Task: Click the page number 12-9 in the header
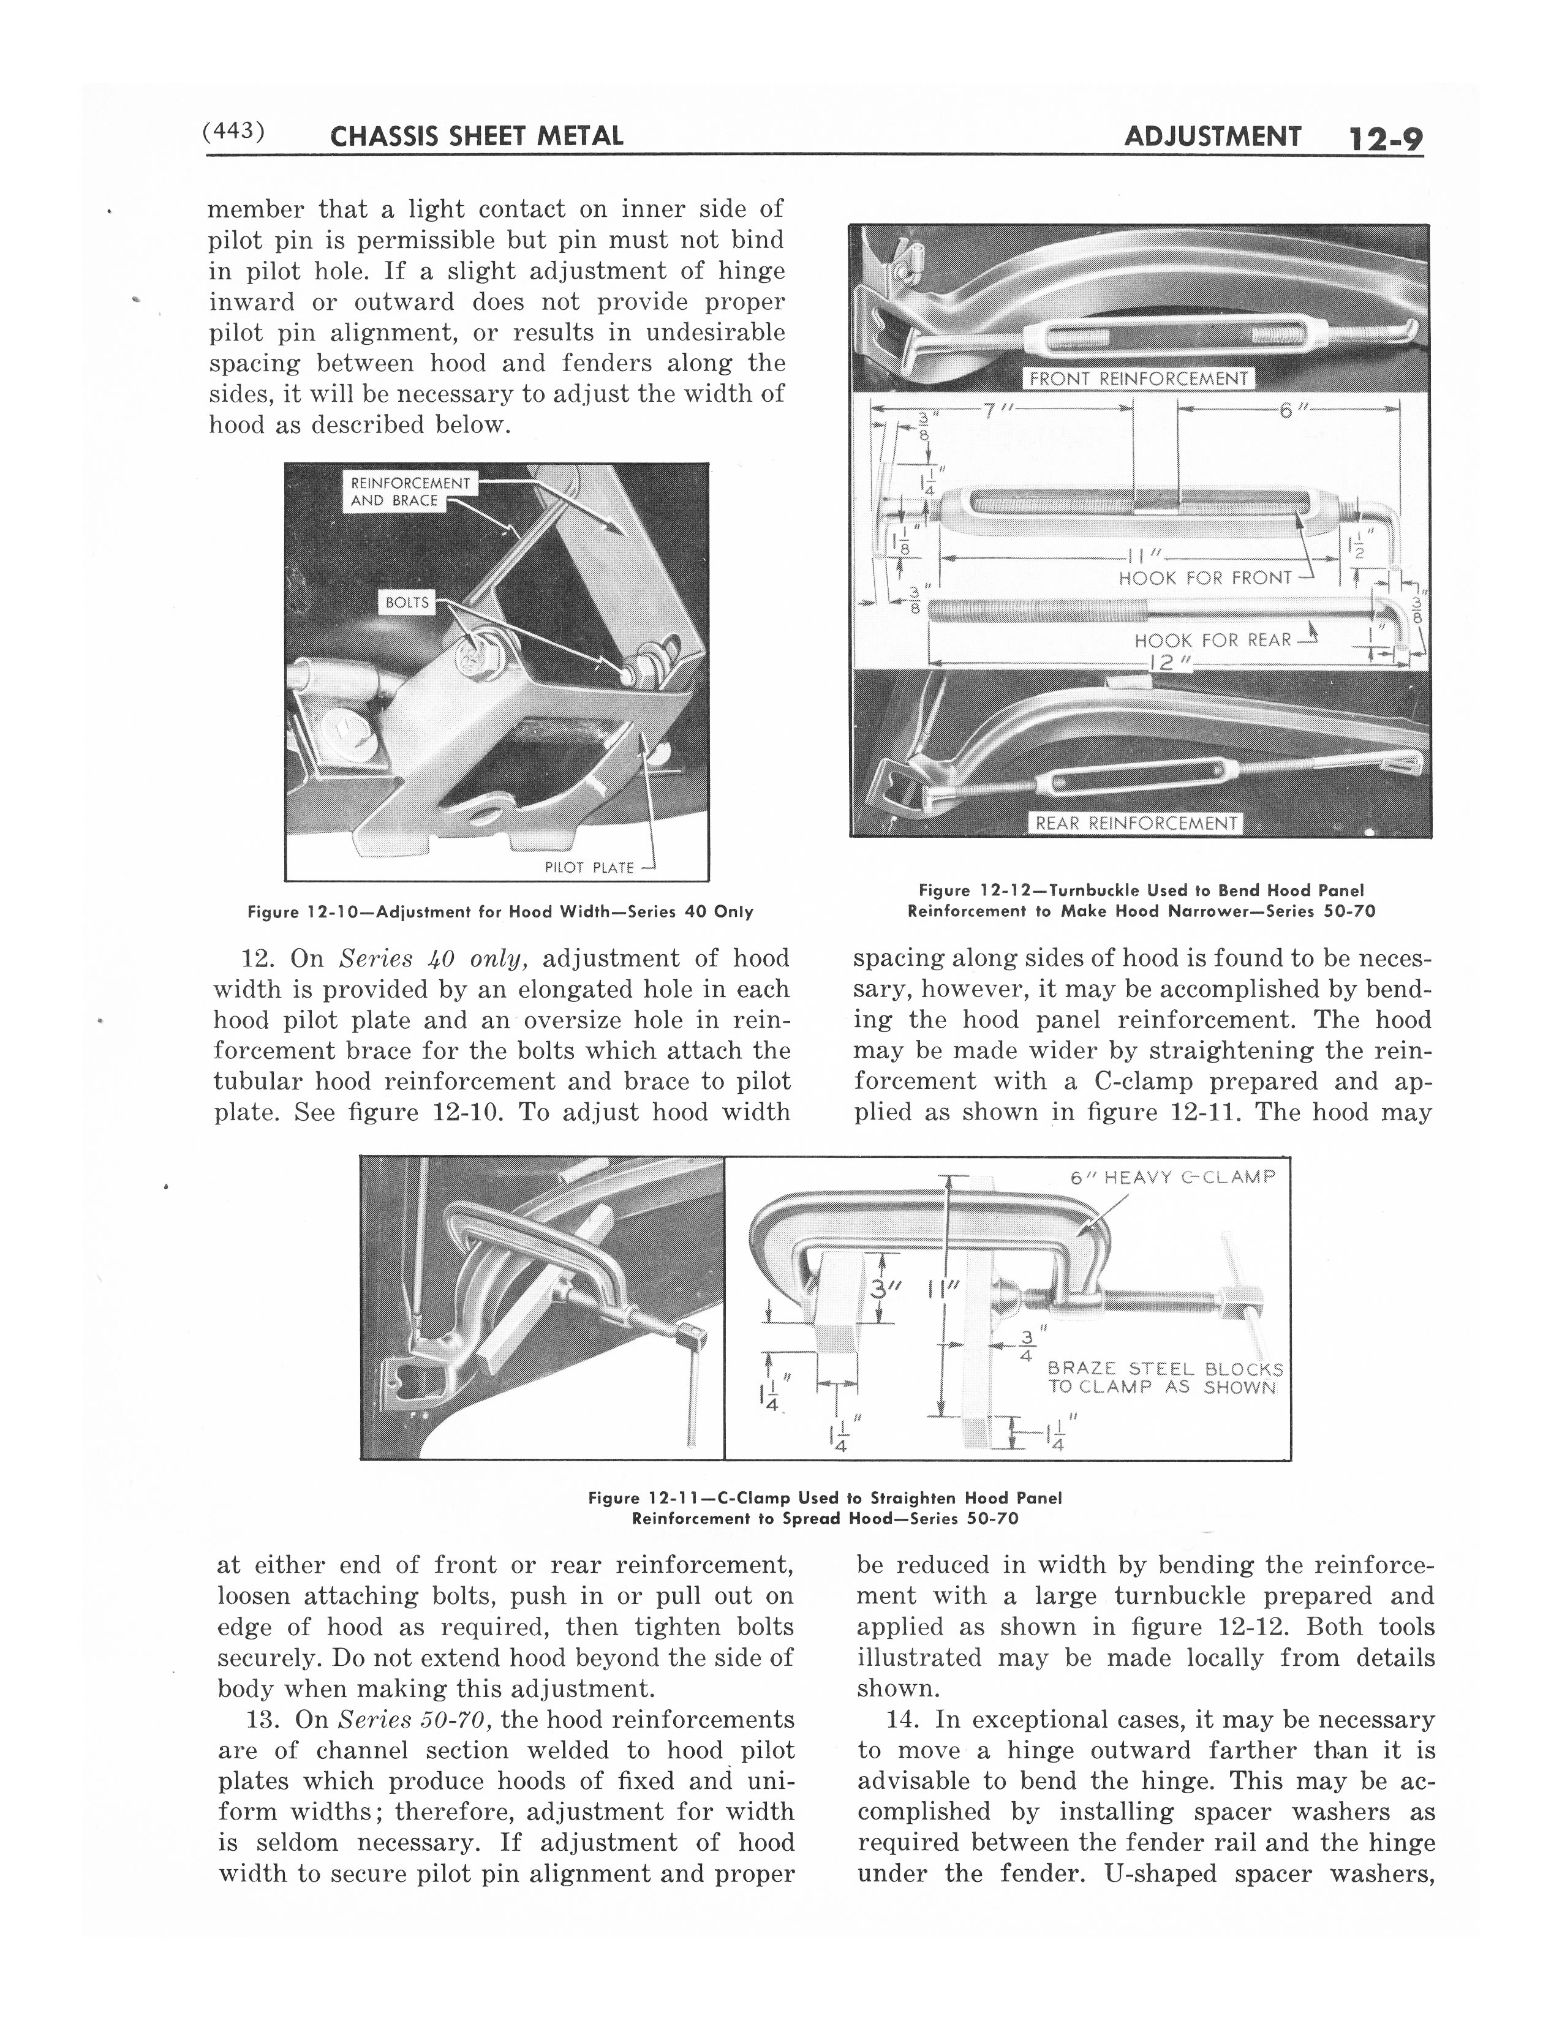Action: coord(1384,139)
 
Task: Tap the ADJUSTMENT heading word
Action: coord(1212,137)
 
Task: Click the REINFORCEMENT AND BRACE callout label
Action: coord(410,491)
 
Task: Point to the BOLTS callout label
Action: coord(407,603)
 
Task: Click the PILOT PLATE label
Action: coord(589,867)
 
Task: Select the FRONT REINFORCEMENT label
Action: coord(1138,378)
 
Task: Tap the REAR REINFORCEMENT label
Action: coord(1136,822)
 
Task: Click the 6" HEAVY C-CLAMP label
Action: coord(1171,1177)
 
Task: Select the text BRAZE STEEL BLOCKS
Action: coord(1164,1369)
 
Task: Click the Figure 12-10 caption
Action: coord(500,911)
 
